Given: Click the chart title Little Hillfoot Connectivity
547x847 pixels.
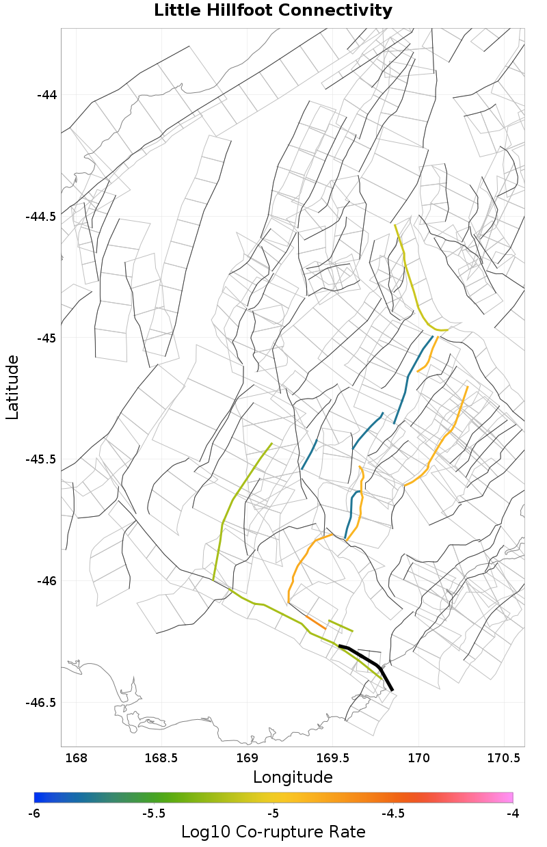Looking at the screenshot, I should pos(273,11).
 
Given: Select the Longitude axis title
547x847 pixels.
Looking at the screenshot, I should pos(293,777).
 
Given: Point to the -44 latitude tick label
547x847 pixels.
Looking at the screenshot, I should pos(46,95).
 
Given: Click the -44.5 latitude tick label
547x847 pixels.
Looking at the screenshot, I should pos(41,217).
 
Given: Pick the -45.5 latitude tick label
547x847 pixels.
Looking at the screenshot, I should pos(41,460).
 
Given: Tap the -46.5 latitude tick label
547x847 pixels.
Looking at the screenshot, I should pos(41,703).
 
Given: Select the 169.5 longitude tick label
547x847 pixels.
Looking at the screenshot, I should pos(333,758).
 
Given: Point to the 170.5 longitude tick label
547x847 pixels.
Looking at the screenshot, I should pos(504,758).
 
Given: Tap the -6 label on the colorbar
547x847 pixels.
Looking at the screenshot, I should pos(34,814).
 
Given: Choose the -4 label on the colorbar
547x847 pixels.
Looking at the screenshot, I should pos(513,814).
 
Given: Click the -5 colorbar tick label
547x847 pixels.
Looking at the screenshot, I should pos(273,814).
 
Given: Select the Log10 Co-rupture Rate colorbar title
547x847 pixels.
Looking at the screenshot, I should pos(273,832).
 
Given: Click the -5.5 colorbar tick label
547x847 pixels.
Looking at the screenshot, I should pos(154,814).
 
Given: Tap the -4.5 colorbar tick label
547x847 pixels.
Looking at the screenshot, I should pos(393,814).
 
